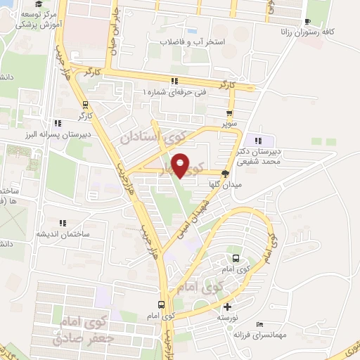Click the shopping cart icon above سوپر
point(229,113)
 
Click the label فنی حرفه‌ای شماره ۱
point(175,92)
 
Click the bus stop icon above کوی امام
point(162,304)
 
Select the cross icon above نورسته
point(227,307)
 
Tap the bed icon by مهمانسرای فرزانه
point(259,324)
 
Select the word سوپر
point(229,124)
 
